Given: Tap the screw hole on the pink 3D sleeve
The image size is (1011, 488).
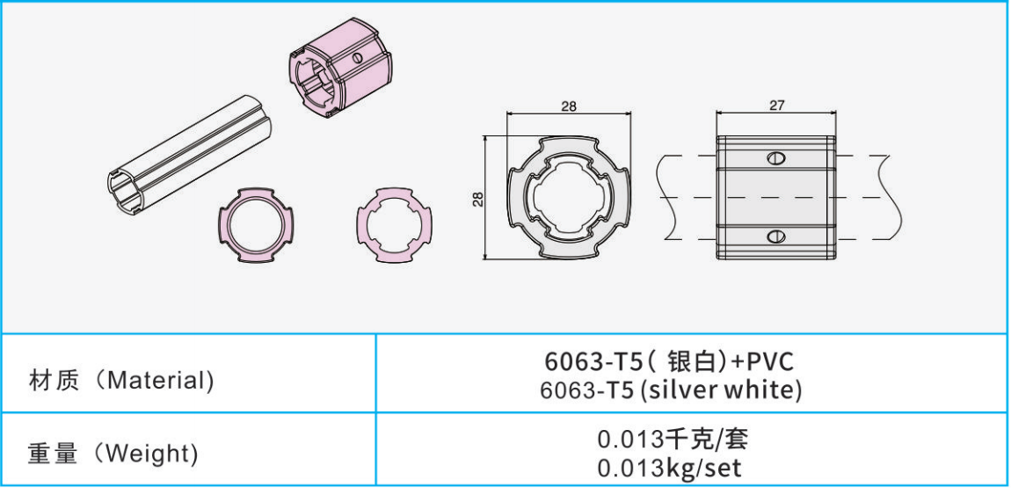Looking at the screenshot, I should point(356,59).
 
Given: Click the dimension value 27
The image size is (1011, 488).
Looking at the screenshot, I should point(775,106).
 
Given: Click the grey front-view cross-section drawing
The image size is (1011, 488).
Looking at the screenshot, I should point(568,197).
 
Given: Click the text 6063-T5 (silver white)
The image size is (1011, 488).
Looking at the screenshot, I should point(671,391).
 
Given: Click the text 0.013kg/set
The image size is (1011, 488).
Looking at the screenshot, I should point(671,467).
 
